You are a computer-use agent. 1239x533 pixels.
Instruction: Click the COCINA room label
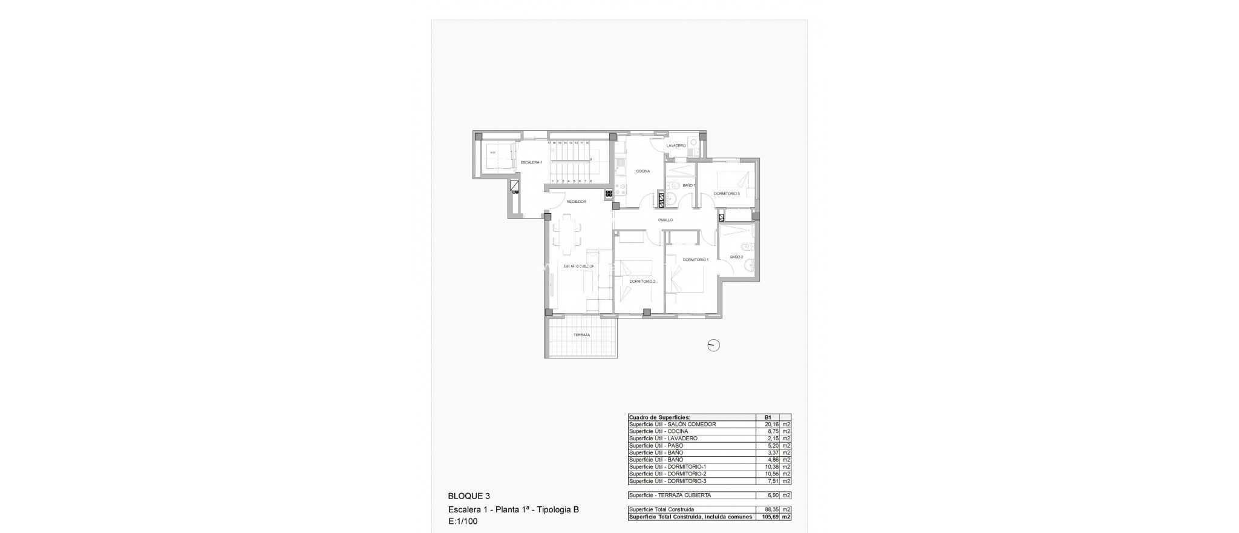pyautogui.click(x=642, y=171)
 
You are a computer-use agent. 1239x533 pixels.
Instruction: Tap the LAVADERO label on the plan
pyautogui.click(x=676, y=146)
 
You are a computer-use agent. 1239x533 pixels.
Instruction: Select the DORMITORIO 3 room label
pyautogui.click(x=727, y=194)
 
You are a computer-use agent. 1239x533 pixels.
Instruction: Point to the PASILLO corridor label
pyautogui.click(x=665, y=220)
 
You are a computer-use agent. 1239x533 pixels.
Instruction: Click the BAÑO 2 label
pyautogui.click(x=736, y=257)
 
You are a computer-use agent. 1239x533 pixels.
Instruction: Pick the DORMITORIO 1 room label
pyautogui.click(x=695, y=260)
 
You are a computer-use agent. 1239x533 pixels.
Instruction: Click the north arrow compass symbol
pyautogui.click(x=714, y=346)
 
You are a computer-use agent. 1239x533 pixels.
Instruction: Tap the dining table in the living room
pyautogui.click(x=144, y=234)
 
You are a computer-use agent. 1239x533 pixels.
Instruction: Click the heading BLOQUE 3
pyautogui.click(x=469, y=496)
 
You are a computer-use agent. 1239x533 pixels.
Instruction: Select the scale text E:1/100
pyautogui.click(x=463, y=521)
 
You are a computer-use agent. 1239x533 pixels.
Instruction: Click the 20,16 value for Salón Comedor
pyautogui.click(x=768, y=425)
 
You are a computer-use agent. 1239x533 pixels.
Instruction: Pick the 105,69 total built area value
pyautogui.click(x=767, y=517)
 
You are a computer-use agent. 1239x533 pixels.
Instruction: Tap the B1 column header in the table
pyautogui.click(x=768, y=417)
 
